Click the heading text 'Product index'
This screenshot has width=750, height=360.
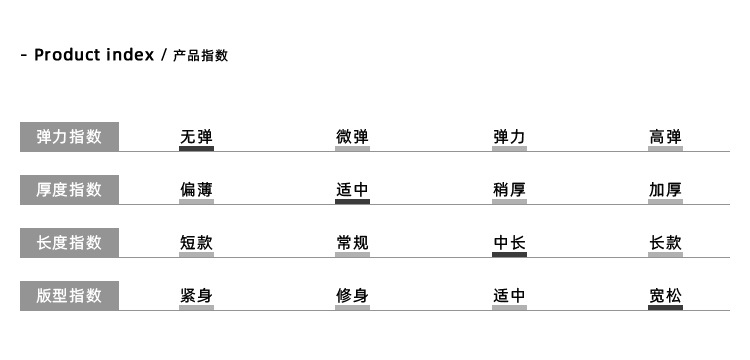(x=94, y=55)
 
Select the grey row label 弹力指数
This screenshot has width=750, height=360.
(x=69, y=137)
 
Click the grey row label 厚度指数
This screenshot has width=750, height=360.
(x=69, y=190)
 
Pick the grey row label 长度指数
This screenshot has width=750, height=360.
(x=69, y=243)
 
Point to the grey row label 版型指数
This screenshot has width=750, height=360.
(x=69, y=296)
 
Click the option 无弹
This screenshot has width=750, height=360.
(x=196, y=137)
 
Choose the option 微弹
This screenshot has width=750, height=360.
(x=352, y=137)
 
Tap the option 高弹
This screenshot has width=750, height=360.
(x=665, y=137)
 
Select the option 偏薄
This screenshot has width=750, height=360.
(x=196, y=190)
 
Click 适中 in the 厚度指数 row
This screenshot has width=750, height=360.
(x=352, y=190)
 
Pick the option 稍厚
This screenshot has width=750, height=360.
(x=509, y=190)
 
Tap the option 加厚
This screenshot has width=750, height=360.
(x=665, y=190)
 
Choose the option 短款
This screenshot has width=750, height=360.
(x=196, y=243)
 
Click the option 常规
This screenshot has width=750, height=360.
(x=352, y=243)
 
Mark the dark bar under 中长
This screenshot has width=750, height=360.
(x=509, y=255)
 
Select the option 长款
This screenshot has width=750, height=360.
(x=665, y=243)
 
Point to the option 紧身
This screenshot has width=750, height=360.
(x=196, y=296)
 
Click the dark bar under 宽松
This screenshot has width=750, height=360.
(x=665, y=308)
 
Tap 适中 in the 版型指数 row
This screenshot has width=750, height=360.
(x=509, y=296)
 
